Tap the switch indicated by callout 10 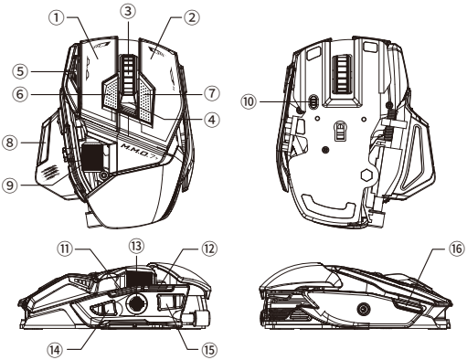coord(313,103)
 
